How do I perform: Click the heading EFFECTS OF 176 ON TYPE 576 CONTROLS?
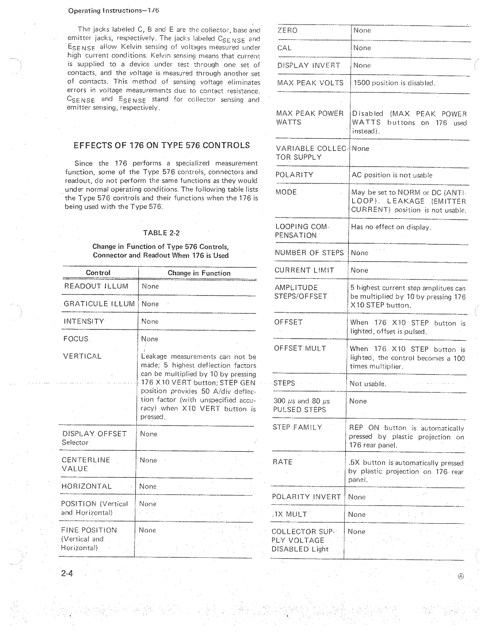(162, 145)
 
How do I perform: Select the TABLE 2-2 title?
(162, 233)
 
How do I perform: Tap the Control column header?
(98, 273)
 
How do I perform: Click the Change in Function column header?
(199, 273)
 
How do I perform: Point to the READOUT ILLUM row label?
(96, 286)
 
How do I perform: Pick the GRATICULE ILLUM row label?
(99, 304)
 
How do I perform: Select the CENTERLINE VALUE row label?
(86, 464)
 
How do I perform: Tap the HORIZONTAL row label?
(87, 486)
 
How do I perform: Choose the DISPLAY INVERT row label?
(308, 65)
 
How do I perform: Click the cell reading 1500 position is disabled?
(394, 83)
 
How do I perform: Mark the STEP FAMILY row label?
(297, 427)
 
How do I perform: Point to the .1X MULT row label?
(289, 514)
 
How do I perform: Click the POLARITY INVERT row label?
(306, 497)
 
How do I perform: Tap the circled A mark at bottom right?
(460, 576)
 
